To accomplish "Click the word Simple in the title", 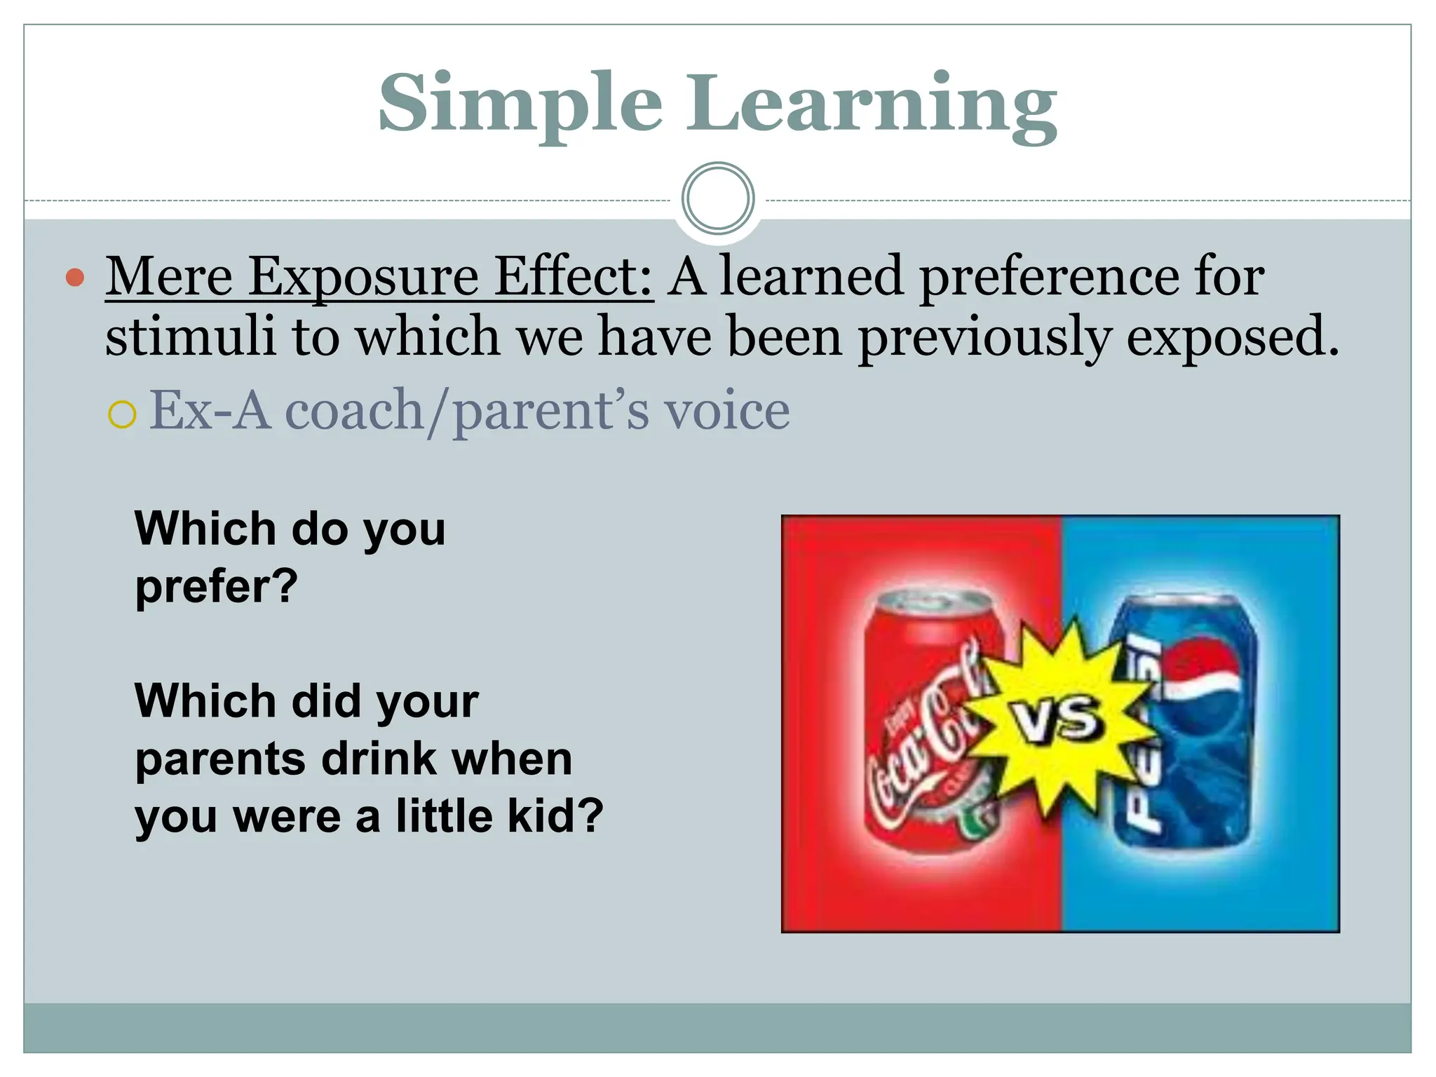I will pyautogui.click(x=520, y=104).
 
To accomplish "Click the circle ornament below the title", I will pyautogui.click(x=717, y=198).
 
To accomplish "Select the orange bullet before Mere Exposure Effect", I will pyautogui.click(x=75, y=278).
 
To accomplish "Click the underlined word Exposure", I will pyautogui.click(x=363, y=277).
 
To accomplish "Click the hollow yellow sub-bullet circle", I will pyautogui.click(x=122, y=414).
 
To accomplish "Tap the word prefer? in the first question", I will pyautogui.click(x=217, y=586).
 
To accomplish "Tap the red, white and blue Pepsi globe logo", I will pyautogui.click(x=1202, y=670).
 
